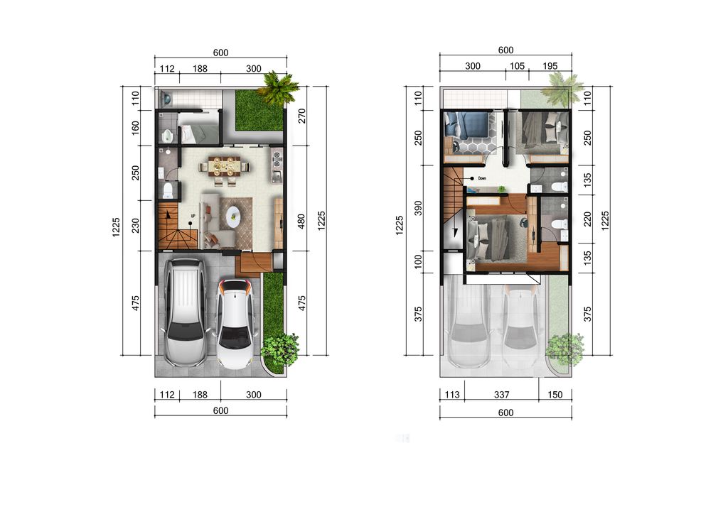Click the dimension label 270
coord(301,116)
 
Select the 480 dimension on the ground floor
coord(301,221)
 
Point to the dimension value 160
coord(136,128)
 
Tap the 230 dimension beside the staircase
coord(136,226)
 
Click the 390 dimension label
coord(418,208)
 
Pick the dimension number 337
coord(501,395)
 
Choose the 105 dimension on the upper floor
coord(517,66)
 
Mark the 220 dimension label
coord(587,219)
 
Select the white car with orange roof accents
coord(235,324)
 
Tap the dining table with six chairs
coord(224,167)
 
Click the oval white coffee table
coord(233,214)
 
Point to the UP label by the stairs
coord(193,216)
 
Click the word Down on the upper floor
coord(482,178)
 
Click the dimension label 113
coord(451,395)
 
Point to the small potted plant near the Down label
coord(501,189)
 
